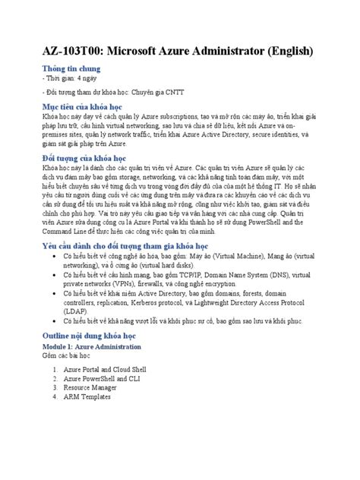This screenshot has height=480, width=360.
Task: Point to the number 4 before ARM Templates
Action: (55, 396)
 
